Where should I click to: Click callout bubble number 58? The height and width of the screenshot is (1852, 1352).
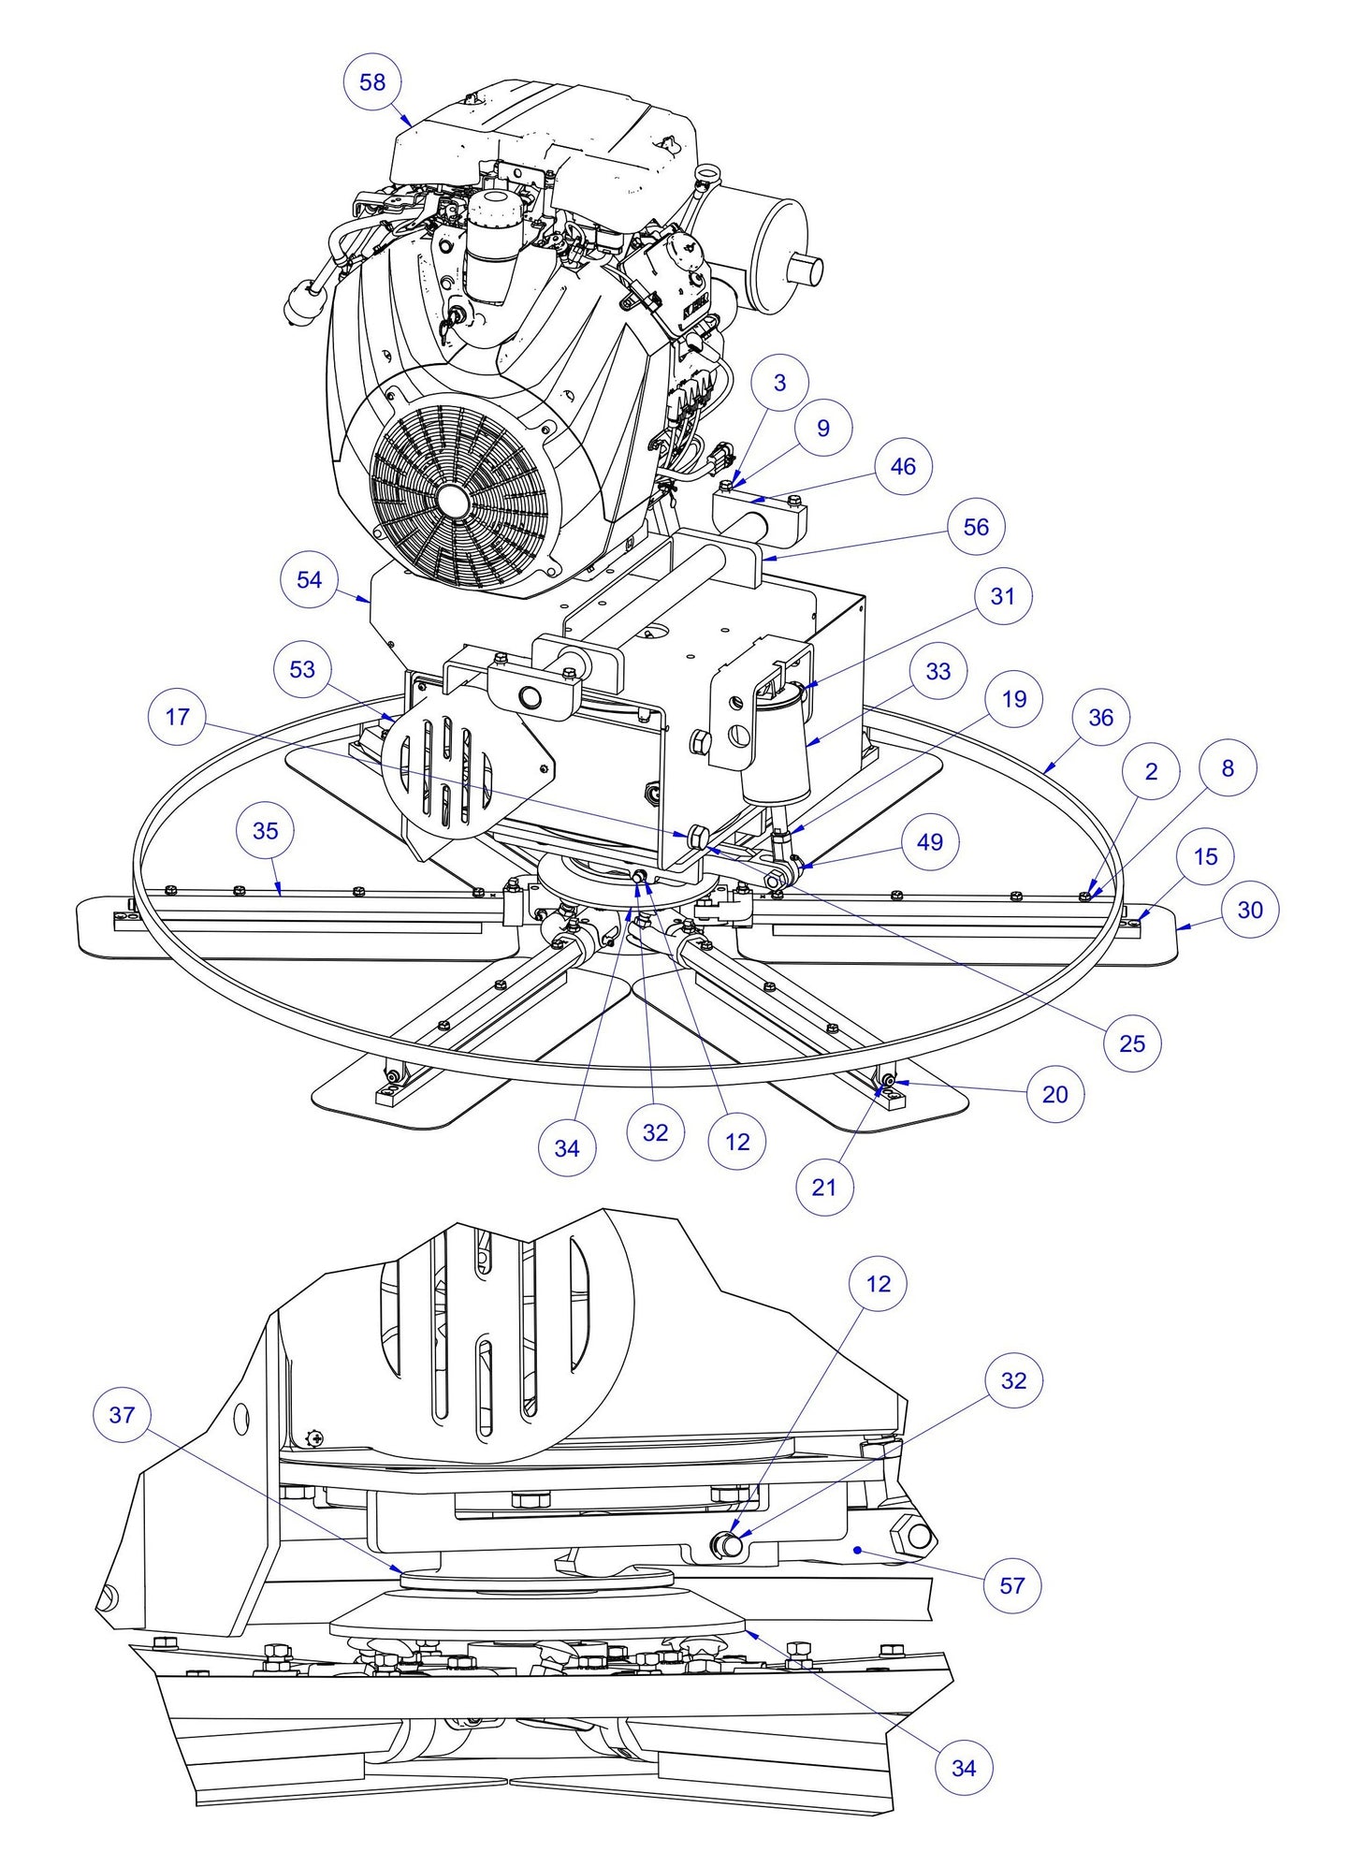tap(372, 82)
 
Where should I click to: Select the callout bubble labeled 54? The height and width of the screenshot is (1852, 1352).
tap(309, 579)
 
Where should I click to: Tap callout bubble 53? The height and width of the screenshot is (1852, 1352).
tap(302, 669)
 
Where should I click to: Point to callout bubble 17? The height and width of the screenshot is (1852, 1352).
tap(177, 717)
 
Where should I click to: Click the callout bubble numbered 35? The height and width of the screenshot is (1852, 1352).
tap(266, 830)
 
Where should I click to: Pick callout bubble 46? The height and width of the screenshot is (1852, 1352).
tap(903, 466)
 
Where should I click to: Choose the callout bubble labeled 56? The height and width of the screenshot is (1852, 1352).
tap(976, 527)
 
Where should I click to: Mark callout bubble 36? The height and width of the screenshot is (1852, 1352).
tap(1101, 718)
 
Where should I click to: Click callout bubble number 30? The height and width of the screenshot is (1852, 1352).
tap(1250, 910)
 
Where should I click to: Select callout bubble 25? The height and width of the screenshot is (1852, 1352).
tap(1132, 1043)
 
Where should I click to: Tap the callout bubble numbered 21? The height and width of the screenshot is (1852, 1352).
tap(823, 1187)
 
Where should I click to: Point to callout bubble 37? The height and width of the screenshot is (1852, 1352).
tap(123, 1414)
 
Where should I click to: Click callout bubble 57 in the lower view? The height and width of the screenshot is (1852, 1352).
tap(1012, 1585)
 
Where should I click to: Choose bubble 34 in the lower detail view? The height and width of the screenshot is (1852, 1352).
tap(964, 1768)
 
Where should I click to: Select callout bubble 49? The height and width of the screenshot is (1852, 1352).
tap(929, 841)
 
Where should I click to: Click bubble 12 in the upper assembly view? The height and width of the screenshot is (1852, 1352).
tap(737, 1142)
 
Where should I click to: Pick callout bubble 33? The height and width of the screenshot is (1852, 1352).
tap(938, 671)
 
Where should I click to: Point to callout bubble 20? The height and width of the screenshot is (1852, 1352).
tap(1054, 1094)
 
